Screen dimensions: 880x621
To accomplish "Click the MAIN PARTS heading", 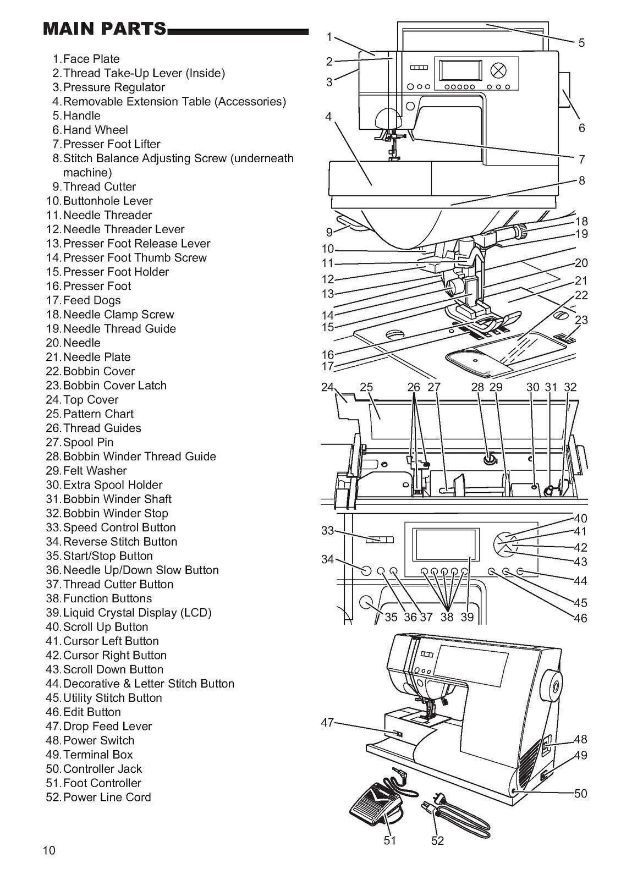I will [105, 29].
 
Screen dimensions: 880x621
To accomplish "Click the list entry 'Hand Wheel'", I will [95, 130].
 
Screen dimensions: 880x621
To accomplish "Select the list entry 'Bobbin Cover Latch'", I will [114, 386].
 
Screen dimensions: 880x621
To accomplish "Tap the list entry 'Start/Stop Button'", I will [108, 556].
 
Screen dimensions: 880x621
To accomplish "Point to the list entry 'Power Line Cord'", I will [107, 798].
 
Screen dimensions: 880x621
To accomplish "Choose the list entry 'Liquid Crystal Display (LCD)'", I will [137, 613].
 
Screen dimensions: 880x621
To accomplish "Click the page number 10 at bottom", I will [49, 851].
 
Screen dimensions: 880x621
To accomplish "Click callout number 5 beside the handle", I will [581, 43].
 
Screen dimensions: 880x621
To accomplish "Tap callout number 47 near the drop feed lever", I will [327, 723].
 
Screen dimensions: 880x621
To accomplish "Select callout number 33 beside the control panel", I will [328, 531].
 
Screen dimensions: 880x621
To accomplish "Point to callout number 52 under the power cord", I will [437, 840].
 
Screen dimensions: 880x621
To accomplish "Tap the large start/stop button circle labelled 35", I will [365, 602].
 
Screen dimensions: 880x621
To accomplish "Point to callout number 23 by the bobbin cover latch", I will [581, 320].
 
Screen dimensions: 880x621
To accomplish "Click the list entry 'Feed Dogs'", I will [91, 300].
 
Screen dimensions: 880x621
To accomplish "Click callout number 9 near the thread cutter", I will [329, 232].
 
